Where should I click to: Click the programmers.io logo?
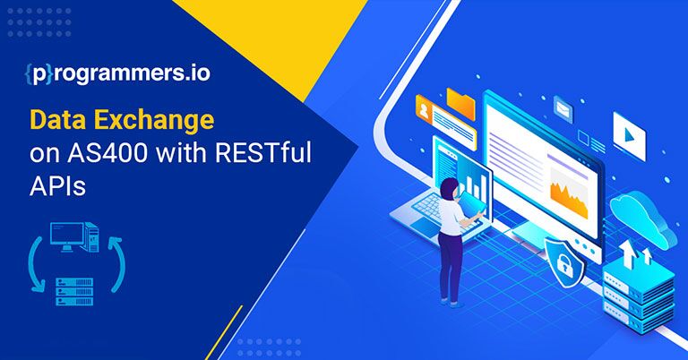point(117,73)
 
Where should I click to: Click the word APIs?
point(57,186)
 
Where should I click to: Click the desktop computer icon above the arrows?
point(74,237)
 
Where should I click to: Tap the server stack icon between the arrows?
point(74,291)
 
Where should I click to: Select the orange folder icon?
point(460,103)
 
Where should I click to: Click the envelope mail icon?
point(563,108)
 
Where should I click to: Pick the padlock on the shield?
point(564,264)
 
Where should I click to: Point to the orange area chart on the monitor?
point(569,195)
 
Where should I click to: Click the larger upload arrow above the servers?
point(628,253)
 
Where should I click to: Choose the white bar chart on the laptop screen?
point(476,185)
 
